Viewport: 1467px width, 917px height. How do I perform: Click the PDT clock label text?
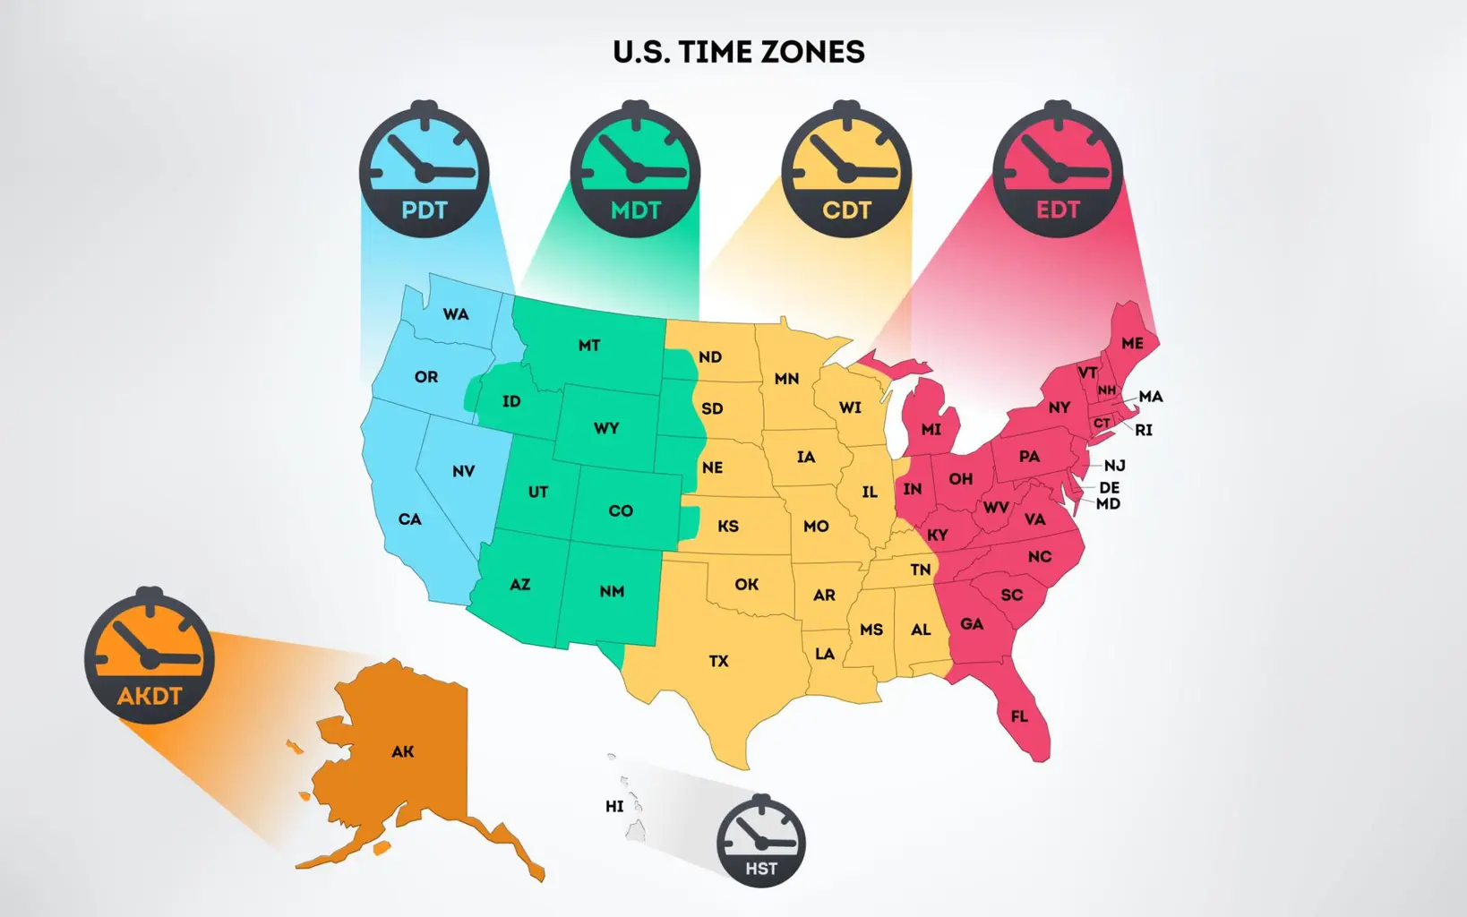point(424,210)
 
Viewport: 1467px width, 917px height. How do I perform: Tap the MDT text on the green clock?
point(635,210)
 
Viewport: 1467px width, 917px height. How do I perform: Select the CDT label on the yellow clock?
point(846,210)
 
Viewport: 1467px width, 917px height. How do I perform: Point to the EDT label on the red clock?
point(1058,210)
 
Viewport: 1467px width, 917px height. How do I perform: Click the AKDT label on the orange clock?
point(150,696)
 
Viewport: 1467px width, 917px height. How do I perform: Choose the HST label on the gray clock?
point(761,869)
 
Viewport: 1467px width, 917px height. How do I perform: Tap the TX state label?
point(718,662)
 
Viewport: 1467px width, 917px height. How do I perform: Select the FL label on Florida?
point(1019,716)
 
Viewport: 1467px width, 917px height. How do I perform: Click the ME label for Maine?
point(1132,344)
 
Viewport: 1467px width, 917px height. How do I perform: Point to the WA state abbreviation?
point(456,314)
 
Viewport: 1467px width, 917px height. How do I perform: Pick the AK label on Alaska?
point(403,752)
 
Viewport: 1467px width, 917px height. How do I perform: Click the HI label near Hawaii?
point(614,807)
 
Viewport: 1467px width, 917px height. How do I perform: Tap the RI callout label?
point(1144,431)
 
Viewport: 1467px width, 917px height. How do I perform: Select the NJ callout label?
point(1114,466)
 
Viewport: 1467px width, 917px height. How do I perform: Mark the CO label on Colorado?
point(621,511)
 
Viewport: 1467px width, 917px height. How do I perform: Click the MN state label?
point(786,379)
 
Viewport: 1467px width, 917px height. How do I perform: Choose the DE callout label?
point(1110,488)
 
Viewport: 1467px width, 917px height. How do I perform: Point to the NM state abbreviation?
point(612,592)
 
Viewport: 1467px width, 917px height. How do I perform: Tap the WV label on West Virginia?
point(996,508)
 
